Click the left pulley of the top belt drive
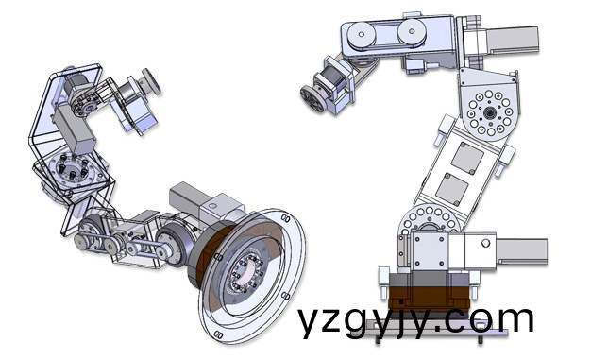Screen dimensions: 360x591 click(363, 36)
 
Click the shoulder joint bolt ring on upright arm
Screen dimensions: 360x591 click(431, 226)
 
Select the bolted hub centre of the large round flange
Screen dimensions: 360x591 click(242, 274)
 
